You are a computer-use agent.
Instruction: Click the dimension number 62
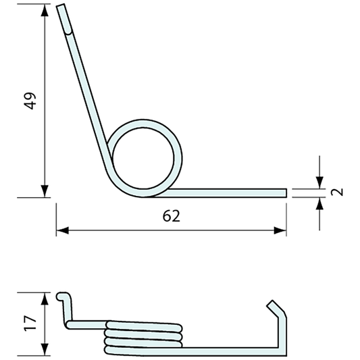tap(172, 217)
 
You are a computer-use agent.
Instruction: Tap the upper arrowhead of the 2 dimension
tap(317, 183)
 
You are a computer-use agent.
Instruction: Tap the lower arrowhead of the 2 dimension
tap(317, 203)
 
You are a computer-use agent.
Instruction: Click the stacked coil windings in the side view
tap(143, 335)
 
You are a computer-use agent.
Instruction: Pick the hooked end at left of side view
tap(62, 297)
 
